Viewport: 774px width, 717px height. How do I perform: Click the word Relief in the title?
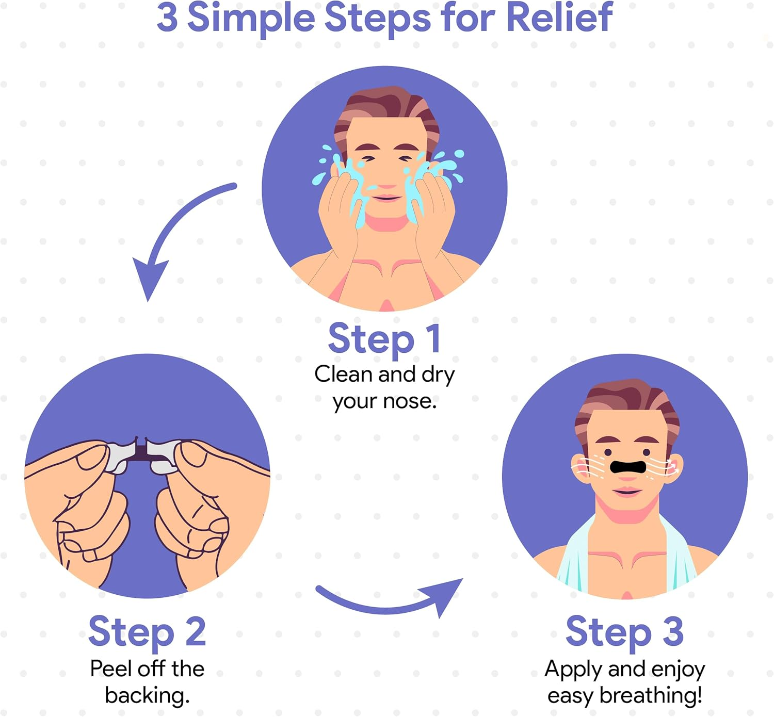tap(559, 18)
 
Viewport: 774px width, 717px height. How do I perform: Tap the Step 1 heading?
tap(384, 339)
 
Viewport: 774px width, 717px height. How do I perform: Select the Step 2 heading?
tap(147, 631)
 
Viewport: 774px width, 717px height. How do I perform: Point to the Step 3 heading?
tap(624, 631)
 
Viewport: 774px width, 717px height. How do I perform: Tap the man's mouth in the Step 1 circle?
tap(386, 198)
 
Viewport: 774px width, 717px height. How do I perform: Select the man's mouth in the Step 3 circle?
tap(626, 491)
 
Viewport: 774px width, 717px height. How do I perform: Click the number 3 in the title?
tap(167, 18)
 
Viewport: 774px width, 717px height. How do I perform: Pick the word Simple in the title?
tap(251, 18)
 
